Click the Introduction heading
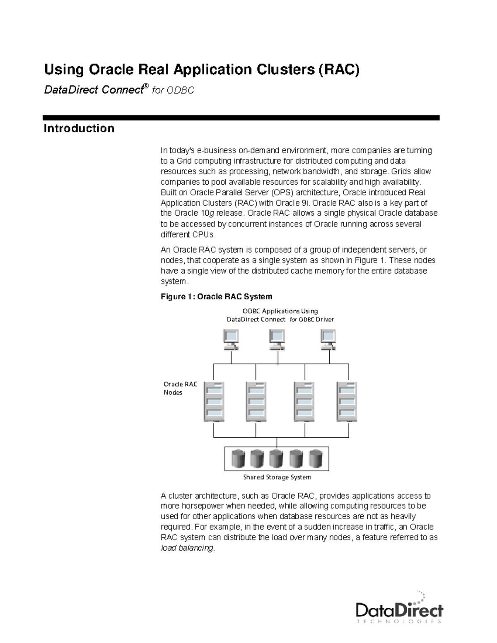pyautogui.click(x=79, y=128)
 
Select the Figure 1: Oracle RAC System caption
pyautogui.click(x=216, y=296)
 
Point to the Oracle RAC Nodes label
pyautogui.click(x=180, y=388)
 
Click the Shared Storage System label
pyautogui.click(x=277, y=477)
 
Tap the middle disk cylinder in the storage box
pyautogui.click(x=276, y=458)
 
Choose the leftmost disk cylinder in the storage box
pyautogui.click(x=239, y=458)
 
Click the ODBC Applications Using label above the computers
pyautogui.click(x=280, y=311)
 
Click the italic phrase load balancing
pyautogui.click(x=187, y=548)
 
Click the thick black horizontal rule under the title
pyautogui.click(x=241, y=118)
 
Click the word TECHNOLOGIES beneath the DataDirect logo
pyautogui.click(x=399, y=621)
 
